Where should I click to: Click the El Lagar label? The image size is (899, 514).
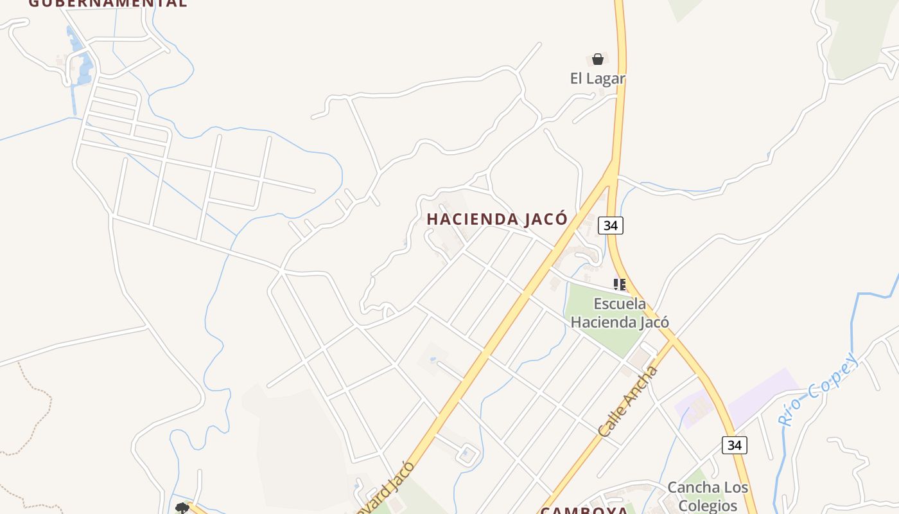pos(597,78)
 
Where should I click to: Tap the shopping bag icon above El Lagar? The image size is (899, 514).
pos(598,59)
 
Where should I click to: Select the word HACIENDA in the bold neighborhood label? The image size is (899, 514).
pos(473,219)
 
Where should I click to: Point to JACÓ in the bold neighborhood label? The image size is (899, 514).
pos(546,219)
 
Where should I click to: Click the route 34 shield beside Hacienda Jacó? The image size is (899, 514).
pos(610,226)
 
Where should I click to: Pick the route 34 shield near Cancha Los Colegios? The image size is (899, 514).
pos(734,445)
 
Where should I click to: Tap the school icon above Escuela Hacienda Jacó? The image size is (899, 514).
pos(619,284)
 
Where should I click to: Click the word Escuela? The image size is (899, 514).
pos(620,303)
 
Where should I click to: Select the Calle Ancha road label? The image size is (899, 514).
pos(627,402)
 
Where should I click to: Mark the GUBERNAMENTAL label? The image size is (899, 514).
pos(108,3)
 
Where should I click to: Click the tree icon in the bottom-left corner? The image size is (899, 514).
pos(182,508)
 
